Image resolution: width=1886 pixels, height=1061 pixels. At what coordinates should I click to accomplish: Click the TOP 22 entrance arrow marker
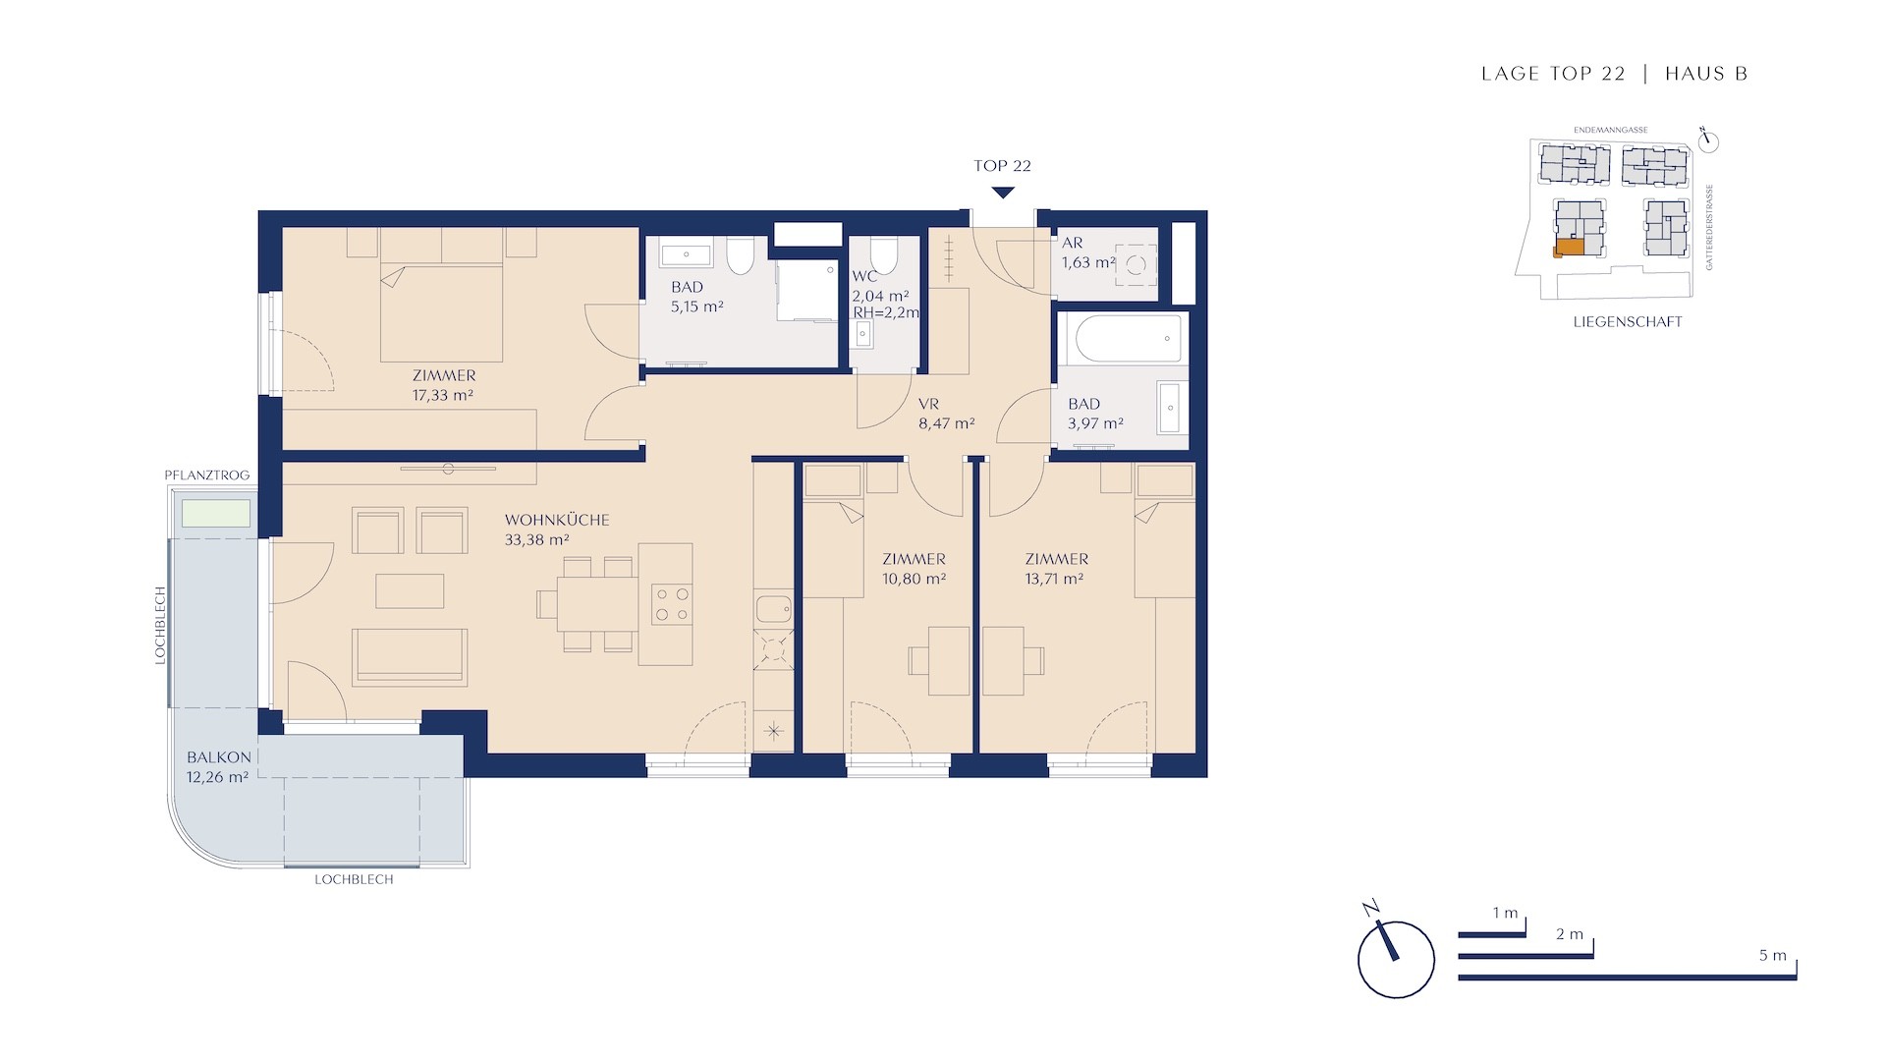(x=1002, y=192)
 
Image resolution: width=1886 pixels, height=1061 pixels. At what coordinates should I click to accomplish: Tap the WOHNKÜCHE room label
(x=557, y=520)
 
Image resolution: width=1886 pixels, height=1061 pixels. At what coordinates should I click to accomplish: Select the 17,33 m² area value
(x=443, y=395)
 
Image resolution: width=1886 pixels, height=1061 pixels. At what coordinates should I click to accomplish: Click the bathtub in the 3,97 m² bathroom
(x=1121, y=339)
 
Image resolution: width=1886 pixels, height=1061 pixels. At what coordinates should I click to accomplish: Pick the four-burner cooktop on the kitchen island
(x=671, y=604)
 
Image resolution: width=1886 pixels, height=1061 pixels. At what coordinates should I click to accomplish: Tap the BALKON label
(x=219, y=757)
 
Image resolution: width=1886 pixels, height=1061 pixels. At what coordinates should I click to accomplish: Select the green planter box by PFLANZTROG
(x=215, y=514)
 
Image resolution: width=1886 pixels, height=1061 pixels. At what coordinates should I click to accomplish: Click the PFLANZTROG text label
(x=207, y=475)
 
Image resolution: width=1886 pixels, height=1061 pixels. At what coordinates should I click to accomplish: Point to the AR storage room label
(x=1073, y=243)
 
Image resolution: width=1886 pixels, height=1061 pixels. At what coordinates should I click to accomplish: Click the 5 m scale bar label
(x=1773, y=956)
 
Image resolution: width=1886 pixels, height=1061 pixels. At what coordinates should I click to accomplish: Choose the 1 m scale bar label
(x=1506, y=914)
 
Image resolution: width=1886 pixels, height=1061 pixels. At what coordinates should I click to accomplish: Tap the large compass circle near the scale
(x=1396, y=960)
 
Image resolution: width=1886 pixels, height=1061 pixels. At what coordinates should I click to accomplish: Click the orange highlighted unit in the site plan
(x=1569, y=248)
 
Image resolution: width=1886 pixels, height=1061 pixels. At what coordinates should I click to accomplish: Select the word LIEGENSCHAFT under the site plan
(x=1628, y=321)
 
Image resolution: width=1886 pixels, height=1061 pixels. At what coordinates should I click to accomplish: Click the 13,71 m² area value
(x=1054, y=579)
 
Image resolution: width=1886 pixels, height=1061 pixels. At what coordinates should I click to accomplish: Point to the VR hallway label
(x=928, y=404)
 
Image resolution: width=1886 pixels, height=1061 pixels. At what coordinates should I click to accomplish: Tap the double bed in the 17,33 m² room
(x=442, y=312)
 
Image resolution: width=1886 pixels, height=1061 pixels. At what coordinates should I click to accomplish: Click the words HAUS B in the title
(x=1706, y=74)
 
